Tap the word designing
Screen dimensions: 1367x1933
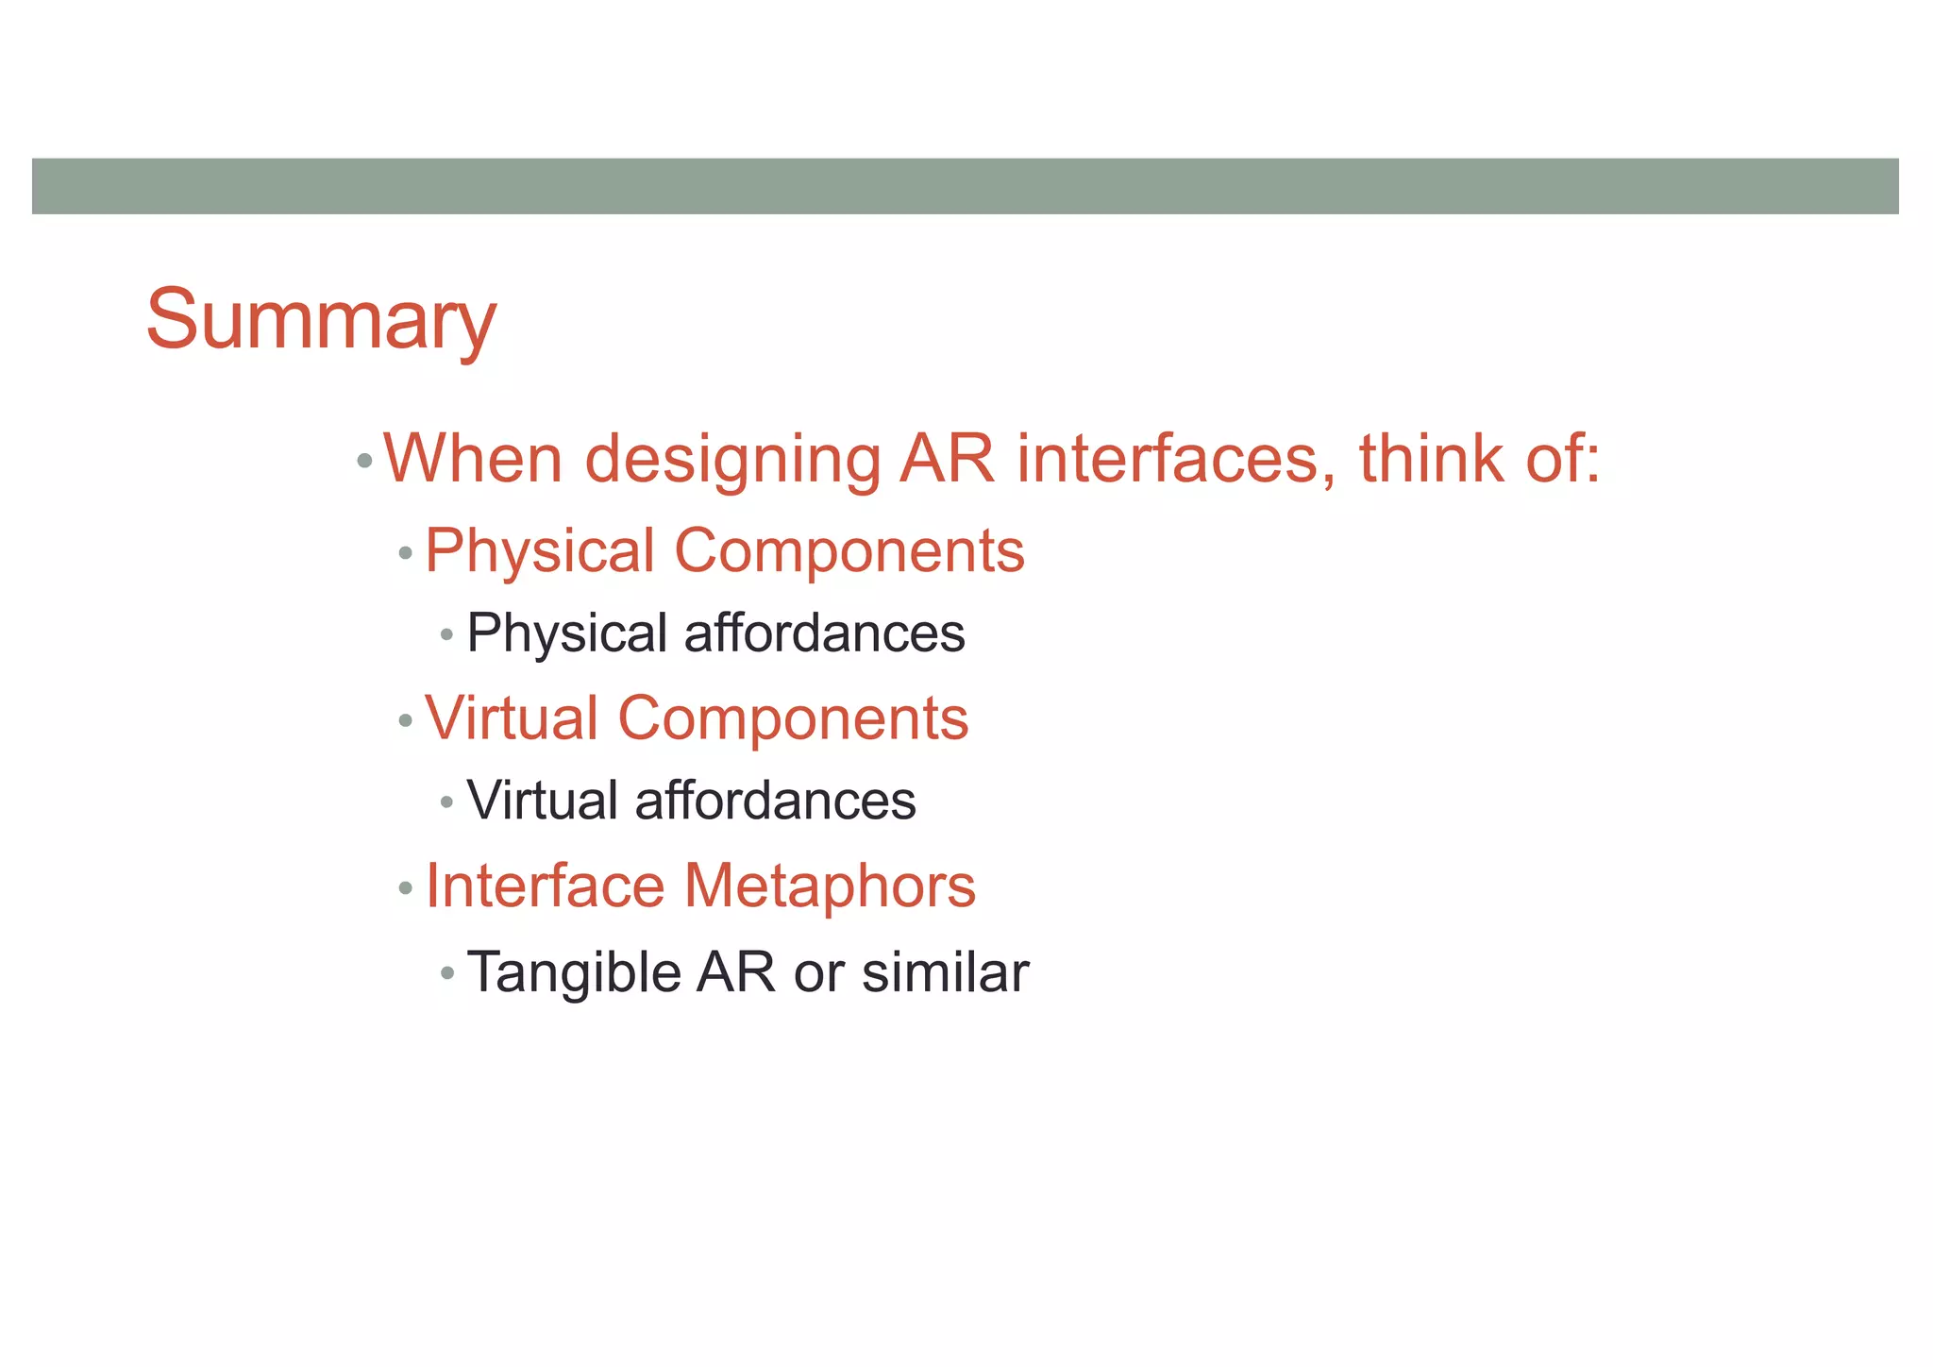click(731, 461)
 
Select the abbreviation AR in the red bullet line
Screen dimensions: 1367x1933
click(947, 459)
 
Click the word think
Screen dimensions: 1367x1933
click(1430, 459)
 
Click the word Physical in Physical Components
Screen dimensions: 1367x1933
click(539, 551)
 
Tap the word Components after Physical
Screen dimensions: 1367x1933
click(849, 551)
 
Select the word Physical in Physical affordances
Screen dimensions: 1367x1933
click(566, 633)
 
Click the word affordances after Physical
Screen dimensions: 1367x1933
click(824, 633)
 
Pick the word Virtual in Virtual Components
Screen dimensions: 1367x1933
click(511, 718)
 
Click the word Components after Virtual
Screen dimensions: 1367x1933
click(793, 718)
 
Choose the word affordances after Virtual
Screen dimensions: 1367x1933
click(775, 802)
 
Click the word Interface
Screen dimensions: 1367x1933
click(545, 886)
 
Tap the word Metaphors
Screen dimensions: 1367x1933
click(830, 886)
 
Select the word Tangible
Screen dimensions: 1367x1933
click(573, 972)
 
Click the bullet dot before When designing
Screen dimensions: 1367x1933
click(364, 462)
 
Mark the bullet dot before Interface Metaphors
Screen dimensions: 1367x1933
click(406, 888)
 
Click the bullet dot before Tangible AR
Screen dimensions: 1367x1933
click(447, 972)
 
